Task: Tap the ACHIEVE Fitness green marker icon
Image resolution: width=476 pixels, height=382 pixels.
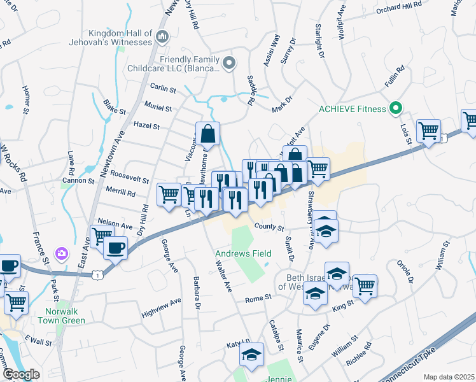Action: coord(396,108)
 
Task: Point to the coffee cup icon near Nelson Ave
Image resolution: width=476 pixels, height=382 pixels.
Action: coord(115,248)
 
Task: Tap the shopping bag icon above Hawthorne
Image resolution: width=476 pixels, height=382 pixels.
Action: coord(208,134)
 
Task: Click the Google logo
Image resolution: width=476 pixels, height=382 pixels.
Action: coord(22,374)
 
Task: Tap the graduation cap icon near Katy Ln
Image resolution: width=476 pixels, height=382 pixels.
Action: coord(252,354)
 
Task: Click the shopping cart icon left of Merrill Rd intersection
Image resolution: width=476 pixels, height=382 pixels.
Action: coord(169,194)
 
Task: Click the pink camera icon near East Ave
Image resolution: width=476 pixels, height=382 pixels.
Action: coord(62,253)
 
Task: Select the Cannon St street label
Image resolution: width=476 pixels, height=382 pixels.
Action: coord(78,181)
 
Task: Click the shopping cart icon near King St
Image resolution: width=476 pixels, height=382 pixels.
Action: coord(365,286)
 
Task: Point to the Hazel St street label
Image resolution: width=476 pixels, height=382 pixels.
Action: coord(146,126)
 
